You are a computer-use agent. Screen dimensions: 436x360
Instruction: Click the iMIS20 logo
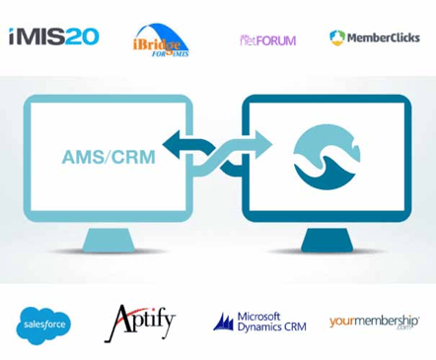54,37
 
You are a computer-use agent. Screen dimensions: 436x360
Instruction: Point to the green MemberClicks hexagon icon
337,37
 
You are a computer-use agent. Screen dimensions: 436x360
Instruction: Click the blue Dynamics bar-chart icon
224,322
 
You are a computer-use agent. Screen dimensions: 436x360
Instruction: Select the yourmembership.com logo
375,322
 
